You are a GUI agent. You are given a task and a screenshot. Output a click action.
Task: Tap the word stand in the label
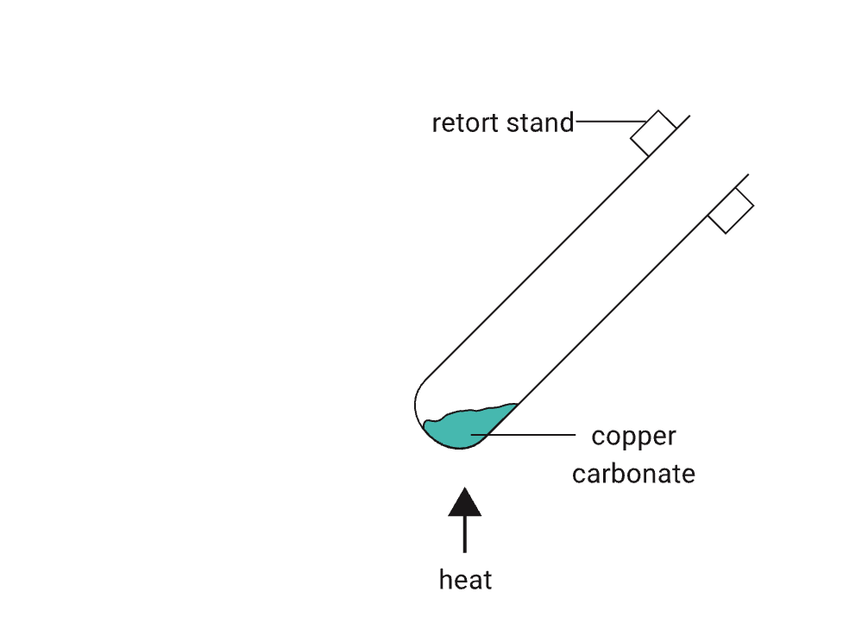coord(540,123)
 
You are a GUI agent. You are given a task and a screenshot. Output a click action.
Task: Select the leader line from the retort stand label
coord(609,122)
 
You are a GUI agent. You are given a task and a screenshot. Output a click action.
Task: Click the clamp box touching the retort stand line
coord(653,133)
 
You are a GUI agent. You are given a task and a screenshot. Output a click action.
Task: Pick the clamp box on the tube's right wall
coord(731,211)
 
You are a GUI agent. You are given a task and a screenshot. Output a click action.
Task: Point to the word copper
coord(633,437)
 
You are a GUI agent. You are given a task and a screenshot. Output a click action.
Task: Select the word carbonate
coord(633,474)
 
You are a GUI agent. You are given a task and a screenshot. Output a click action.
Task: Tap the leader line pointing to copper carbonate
coord(526,433)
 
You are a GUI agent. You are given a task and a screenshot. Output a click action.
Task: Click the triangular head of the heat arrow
coord(465,503)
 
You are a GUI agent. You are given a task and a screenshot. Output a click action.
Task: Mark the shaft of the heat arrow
coord(465,534)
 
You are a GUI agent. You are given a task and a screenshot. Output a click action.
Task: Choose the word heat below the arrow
coord(465,579)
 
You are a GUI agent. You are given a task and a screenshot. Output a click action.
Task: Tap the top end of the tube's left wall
coord(689,115)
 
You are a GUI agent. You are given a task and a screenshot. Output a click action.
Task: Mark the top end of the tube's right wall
coord(747,175)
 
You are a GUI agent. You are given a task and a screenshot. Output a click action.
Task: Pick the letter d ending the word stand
coord(567,123)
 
